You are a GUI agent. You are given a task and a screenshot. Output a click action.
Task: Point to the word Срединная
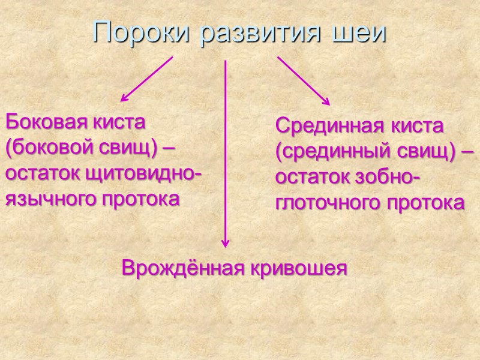(x=323, y=127)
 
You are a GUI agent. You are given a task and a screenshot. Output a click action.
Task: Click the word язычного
(x=46, y=199)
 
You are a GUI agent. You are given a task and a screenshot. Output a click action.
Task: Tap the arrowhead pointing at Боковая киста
(x=124, y=98)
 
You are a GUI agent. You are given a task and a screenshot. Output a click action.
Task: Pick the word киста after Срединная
(x=409, y=127)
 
